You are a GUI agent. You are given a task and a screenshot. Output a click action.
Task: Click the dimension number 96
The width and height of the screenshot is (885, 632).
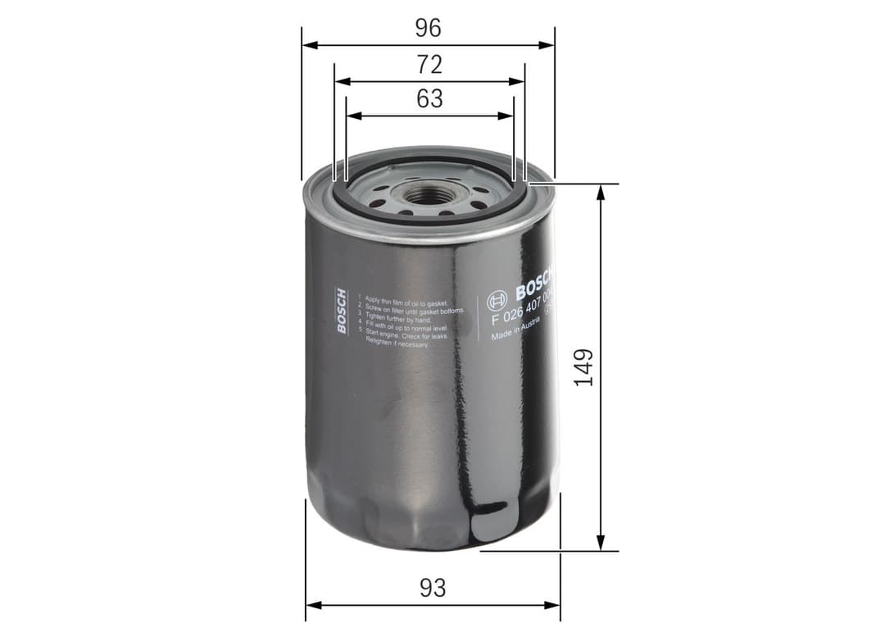[x=428, y=28]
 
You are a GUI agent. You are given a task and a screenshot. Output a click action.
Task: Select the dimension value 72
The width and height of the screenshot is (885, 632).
[x=429, y=63]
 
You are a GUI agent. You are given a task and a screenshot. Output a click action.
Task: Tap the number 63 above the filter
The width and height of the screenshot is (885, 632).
[x=429, y=98]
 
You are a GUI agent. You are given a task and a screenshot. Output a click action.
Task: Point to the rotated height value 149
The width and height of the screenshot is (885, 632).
[x=583, y=366]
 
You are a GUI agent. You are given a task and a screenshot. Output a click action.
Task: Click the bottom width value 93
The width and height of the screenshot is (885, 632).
[x=432, y=588]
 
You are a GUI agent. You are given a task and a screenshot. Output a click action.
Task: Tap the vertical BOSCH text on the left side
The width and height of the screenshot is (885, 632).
[x=342, y=311]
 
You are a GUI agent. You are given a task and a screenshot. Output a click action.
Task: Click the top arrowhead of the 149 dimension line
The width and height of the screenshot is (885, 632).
[x=601, y=191]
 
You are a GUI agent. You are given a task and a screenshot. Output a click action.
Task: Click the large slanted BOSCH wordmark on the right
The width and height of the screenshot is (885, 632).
[x=535, y=284]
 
